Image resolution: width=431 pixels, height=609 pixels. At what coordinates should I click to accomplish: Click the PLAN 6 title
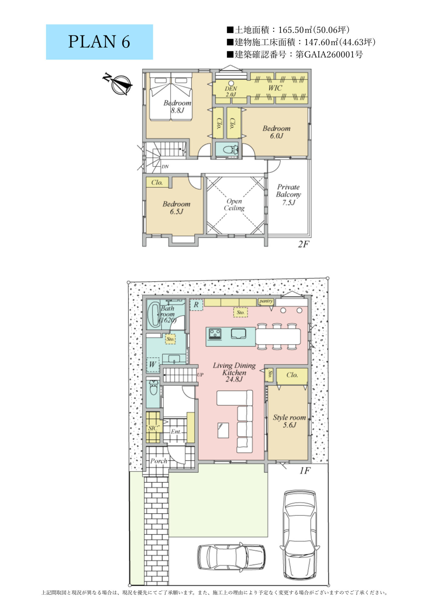(x=99, y=42)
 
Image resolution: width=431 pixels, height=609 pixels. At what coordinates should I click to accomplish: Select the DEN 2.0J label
(x=231, y=91)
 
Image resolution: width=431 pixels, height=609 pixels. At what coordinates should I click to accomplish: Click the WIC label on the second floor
(x=275, y=88)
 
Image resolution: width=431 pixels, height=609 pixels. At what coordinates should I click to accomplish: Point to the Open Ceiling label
(x=234, y=205)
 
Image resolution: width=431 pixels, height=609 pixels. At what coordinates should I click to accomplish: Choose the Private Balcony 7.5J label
(x=288, y=195)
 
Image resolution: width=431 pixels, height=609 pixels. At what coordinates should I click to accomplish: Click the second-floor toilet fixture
(x=231, y=150)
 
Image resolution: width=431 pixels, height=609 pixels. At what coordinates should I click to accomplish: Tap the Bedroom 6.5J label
(x=176, y=208)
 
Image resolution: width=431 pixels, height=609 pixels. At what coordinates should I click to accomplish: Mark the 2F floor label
(x=304, y=244)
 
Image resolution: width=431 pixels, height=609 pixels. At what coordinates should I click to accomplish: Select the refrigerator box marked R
(x=196, y=305)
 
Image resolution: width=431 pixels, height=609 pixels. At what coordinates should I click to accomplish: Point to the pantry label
(x=266, y=301)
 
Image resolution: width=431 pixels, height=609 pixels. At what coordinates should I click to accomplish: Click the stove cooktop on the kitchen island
(x=215, y=334)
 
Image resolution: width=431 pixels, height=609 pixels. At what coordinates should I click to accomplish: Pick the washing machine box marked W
(x=153, y=364)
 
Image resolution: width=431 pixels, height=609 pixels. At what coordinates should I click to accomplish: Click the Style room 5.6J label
(x=289, y=421)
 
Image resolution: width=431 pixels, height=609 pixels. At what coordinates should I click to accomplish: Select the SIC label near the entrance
(x=153, y=428)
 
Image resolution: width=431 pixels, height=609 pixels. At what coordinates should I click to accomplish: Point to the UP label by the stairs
(x=200, y=375)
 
